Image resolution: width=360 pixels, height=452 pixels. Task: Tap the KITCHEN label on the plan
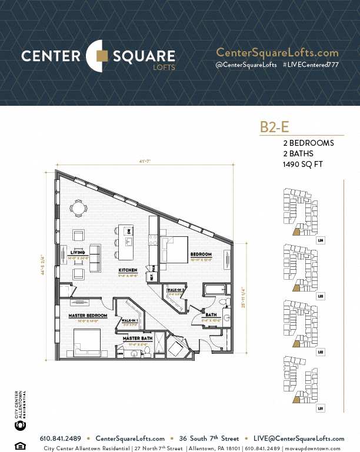point(128,270)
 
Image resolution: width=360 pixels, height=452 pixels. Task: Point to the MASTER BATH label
point(138,339)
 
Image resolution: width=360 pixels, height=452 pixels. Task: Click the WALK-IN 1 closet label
point(129,320)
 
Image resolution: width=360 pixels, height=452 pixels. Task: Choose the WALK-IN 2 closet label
point(176,290)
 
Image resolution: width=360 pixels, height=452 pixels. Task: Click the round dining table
point(78,207)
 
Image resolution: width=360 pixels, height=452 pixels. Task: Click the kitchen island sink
point(129,242)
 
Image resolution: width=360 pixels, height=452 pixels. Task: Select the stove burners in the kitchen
point(153,240)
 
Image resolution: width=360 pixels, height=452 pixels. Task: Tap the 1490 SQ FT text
point(303,165)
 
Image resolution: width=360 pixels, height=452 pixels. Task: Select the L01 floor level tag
point(321,407)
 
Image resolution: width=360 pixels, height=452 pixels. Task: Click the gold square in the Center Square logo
point(102,56)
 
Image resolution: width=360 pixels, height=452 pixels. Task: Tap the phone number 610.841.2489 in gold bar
point(60,438)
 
